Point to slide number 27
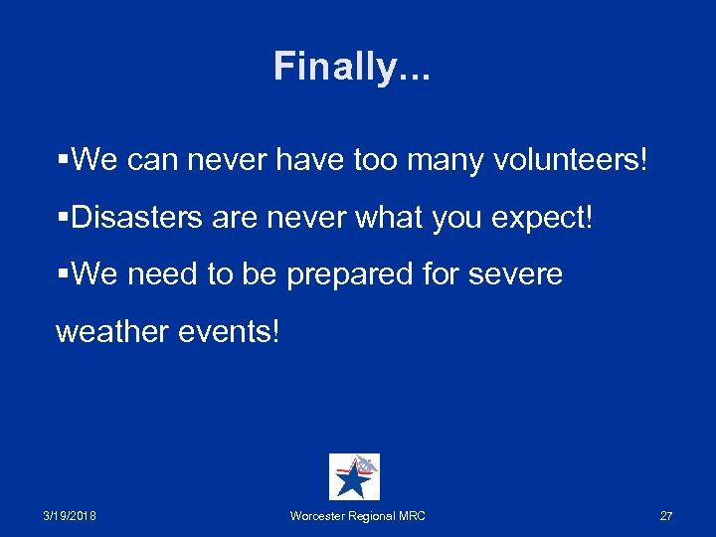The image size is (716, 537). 666,516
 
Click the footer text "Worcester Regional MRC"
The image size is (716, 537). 357,516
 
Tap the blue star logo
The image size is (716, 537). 353,477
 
